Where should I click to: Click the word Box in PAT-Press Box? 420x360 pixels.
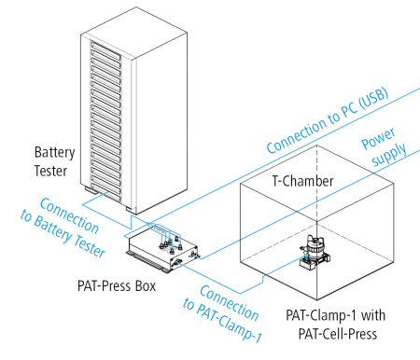145,285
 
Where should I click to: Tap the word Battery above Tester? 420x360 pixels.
55,150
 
